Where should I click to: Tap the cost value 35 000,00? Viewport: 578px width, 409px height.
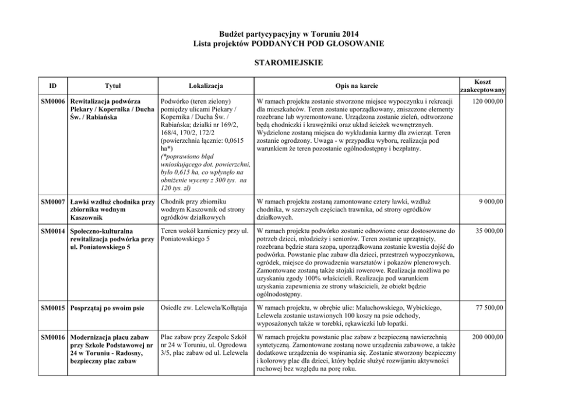coord(489,231)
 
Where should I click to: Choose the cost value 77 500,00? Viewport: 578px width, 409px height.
coord(489,307)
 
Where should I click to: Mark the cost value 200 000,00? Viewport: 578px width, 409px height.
coord(488,337)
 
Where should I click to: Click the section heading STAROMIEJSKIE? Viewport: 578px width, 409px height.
coord(288,61)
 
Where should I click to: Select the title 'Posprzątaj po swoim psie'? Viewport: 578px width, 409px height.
coord(107,307)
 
